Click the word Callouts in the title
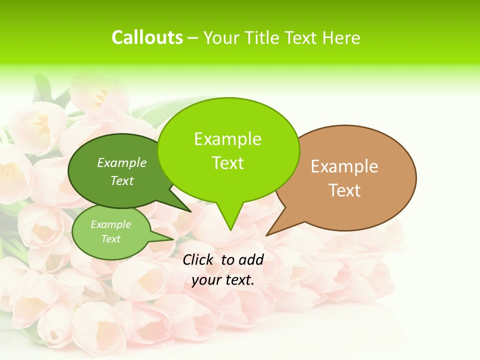pos(147,37)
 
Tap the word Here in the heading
pos(341,37)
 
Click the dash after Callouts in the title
pos(193,38)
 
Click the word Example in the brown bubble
pos(344,166)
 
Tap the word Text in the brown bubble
pos(344,190)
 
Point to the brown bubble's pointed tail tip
pos(266,235)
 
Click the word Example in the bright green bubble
pos(227,139)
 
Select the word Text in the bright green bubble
pos(227,163)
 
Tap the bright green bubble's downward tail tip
pos(230,230)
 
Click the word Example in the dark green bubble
pos(122,162)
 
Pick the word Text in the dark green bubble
pos(122,180)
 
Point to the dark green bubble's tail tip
pos(191,212)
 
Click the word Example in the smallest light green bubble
pos(110,224)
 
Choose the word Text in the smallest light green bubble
pos(110,239)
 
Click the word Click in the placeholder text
pos(198,259)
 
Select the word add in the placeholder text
pos(251,259)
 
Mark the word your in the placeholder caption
pos(206,280)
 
